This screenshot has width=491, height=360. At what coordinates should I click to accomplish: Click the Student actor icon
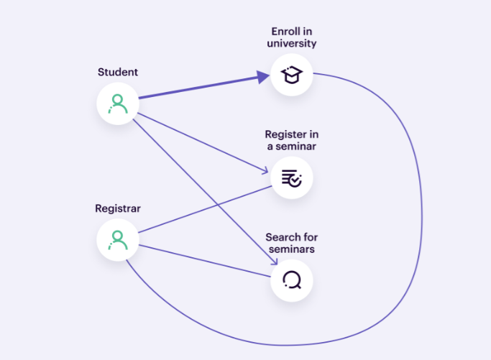point(118,104)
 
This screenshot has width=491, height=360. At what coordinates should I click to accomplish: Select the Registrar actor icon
point(118,240)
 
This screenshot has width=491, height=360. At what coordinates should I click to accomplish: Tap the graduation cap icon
point(292,75)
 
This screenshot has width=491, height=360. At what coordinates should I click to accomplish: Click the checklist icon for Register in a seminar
point(292,177)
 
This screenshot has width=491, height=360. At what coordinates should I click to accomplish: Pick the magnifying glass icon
point(292,280)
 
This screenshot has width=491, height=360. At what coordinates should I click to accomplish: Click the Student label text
point(118,72)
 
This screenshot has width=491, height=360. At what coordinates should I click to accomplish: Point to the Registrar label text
point(118,208)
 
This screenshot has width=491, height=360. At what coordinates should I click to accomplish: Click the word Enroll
point(285,32)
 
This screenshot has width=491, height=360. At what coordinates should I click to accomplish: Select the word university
point(292,43)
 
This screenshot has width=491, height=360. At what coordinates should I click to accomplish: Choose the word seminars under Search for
point(292,249)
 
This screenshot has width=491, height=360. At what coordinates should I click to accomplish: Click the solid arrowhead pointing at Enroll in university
point(263,77)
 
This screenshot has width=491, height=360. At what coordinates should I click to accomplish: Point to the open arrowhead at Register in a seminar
point(265,170)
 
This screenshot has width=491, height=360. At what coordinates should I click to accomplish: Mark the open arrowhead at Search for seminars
point(274,261)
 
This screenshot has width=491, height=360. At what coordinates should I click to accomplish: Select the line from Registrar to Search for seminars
point(204,261)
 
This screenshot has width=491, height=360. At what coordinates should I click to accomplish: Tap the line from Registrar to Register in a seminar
point(205,209)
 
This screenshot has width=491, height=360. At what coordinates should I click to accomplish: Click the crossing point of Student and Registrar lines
point(217,205)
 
